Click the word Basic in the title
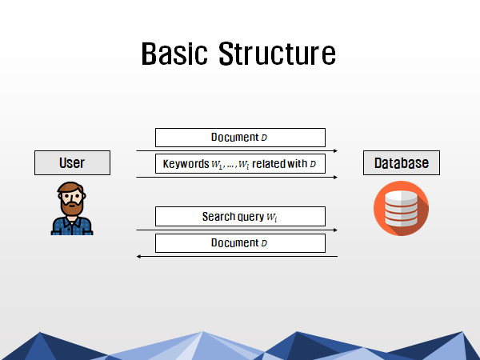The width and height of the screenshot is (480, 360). pyautogui.click(x=174, y=54)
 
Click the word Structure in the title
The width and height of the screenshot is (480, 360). pyautogui.click(x=278, y=54)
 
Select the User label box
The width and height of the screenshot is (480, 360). pyautogui.click(x=72, y=163)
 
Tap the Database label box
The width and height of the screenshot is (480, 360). pyautogui.click(x=402, y=163)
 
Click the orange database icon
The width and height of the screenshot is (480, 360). pyautogui.click(x=401, y=208)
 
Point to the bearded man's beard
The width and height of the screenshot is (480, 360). pyautogui.click(x=72, y=206)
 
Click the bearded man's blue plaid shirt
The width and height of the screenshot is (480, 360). pyautogui.click(x=72, y=226)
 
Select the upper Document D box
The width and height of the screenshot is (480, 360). pyautogui.click(x=240, y=138)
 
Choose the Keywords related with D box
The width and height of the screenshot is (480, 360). pyautogui.click(x=240, y=164)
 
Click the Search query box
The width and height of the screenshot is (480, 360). pyautogui.click(x=240, y=217)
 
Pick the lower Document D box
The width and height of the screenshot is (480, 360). pyautogui.click(x=240, y=243)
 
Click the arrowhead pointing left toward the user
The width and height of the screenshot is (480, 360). pyautogui.click(x=138, y=256)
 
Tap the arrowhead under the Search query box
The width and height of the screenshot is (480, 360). pyautogui.click(x=335, y=230)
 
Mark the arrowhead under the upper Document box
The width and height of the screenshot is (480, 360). pyautogui.click(x=335, y=150)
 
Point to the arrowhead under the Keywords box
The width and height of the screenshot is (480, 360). pyautogui.click(x=335, y=178)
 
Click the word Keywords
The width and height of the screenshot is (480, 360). pyautogui.click(x=186, y=164)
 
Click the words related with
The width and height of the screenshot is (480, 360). pyautogui.click(x=279, y=164)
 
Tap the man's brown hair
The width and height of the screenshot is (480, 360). pyautogui.click(x=71, y=187)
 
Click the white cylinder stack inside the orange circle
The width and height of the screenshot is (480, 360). pyautogui.click(x=401, y=209)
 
